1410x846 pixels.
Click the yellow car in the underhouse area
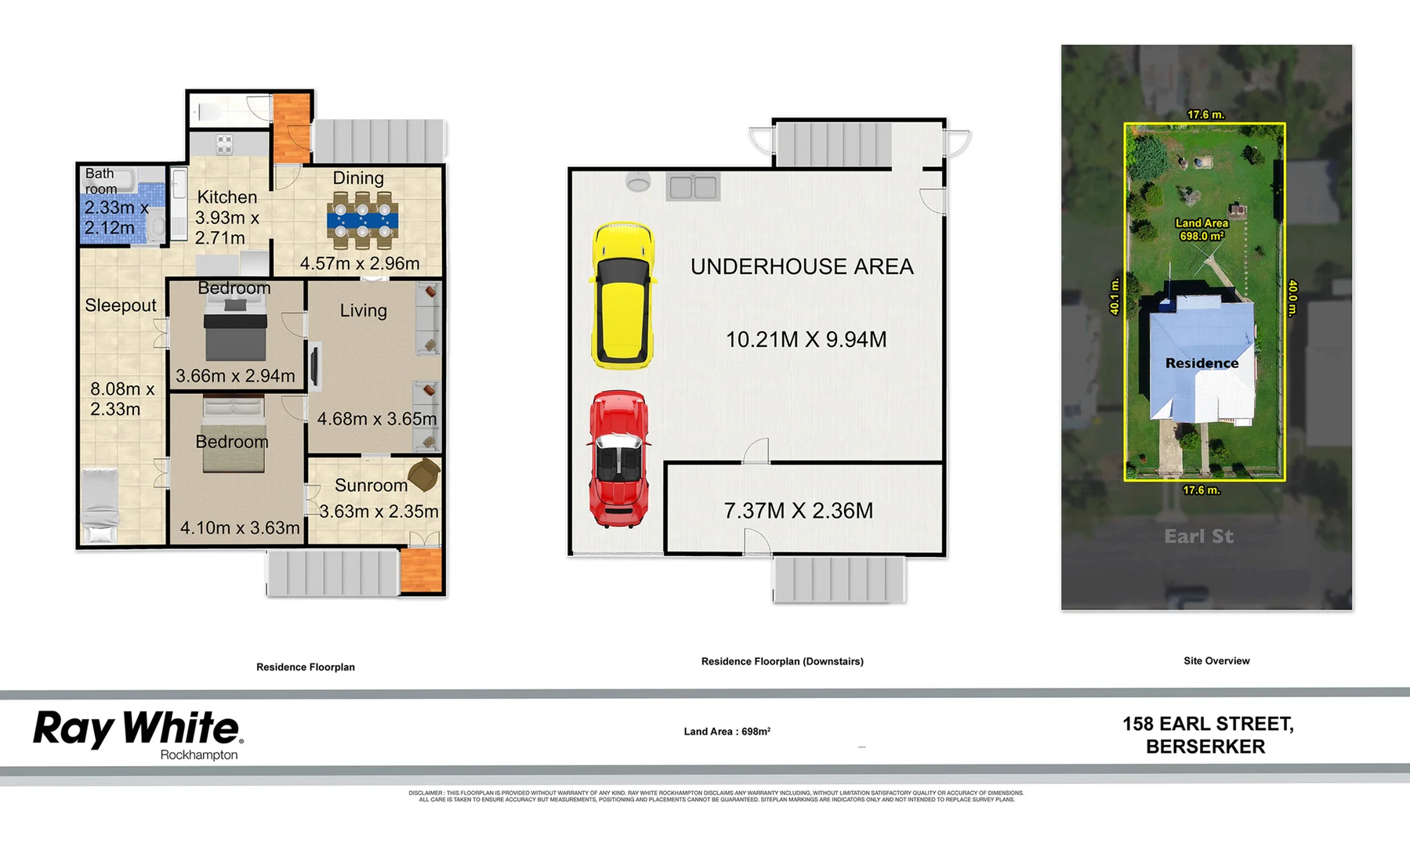click(623, 296)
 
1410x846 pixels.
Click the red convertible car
click(619, 459)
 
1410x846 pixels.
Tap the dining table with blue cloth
click(362, 221)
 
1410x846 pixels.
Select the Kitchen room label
click(227, 197)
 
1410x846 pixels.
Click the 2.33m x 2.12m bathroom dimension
click(115, 218)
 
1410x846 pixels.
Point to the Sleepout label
click(121, 305)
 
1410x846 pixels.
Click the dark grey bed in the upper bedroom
click(235, 332)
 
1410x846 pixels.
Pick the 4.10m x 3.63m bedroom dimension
click(240, 528)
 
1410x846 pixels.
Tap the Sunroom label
click(371, 486)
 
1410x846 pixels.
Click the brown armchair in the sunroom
click(423, 475)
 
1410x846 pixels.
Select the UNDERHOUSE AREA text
click(802, 267)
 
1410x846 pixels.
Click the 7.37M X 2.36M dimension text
click(798, 511)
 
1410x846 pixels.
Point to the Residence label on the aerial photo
click(1202, 363)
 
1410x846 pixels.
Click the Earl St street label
click(1198, 537)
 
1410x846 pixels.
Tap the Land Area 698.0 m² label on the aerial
click(1202, 230)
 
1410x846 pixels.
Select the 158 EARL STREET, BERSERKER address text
click(1207, 735)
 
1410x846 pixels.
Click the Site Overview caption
click(1216, 661)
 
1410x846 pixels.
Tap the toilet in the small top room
click(207, 112)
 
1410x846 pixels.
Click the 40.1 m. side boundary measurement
click(1115, 296)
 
